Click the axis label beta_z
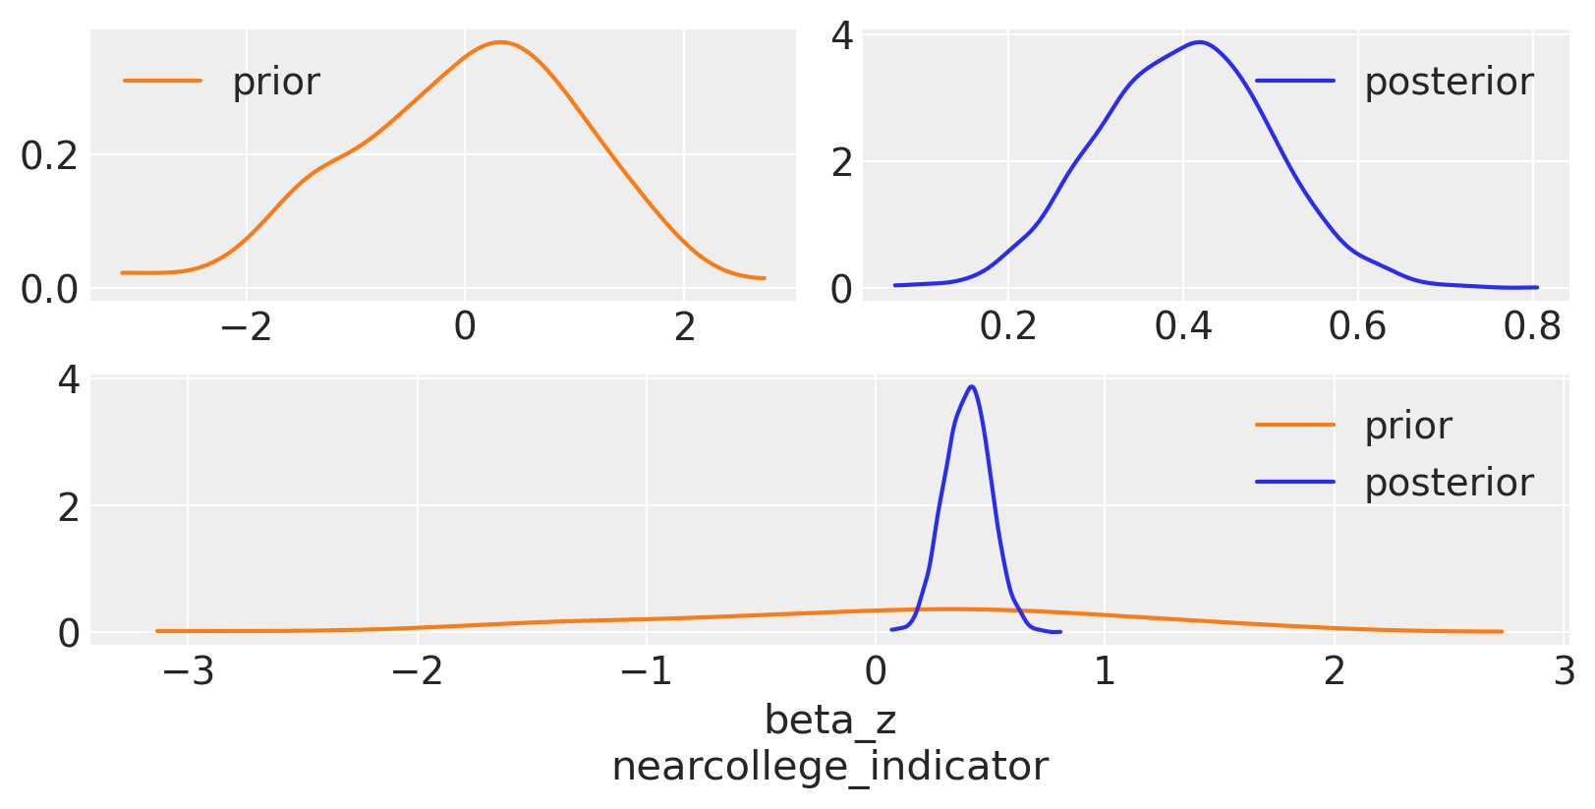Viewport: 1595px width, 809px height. click(829, 721)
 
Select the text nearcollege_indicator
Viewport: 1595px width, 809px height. click(829, 767)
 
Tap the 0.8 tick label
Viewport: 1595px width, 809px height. click(1531, 326)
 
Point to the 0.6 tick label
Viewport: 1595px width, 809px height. click(1356, 326)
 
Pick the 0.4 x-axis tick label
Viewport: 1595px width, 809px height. click(1182, 326)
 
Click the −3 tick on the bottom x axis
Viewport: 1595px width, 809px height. click(187, 671)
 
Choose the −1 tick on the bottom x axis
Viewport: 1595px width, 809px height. click(646, 671)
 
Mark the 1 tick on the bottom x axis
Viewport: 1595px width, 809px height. click(1105, 671)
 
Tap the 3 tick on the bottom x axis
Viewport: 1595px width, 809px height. click(1563, 671)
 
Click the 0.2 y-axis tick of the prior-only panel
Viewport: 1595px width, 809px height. click(49, 155)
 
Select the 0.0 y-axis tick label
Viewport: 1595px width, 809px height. click(49, 290)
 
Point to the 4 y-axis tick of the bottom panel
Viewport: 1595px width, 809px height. click(69, 380)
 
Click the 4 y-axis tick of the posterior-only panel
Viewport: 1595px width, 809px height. click(842, 36)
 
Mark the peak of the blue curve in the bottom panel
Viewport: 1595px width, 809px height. click(972, 386)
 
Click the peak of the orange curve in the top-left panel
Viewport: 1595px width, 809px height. click(501, 42)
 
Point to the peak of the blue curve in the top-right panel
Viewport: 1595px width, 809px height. click(1200, 42)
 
